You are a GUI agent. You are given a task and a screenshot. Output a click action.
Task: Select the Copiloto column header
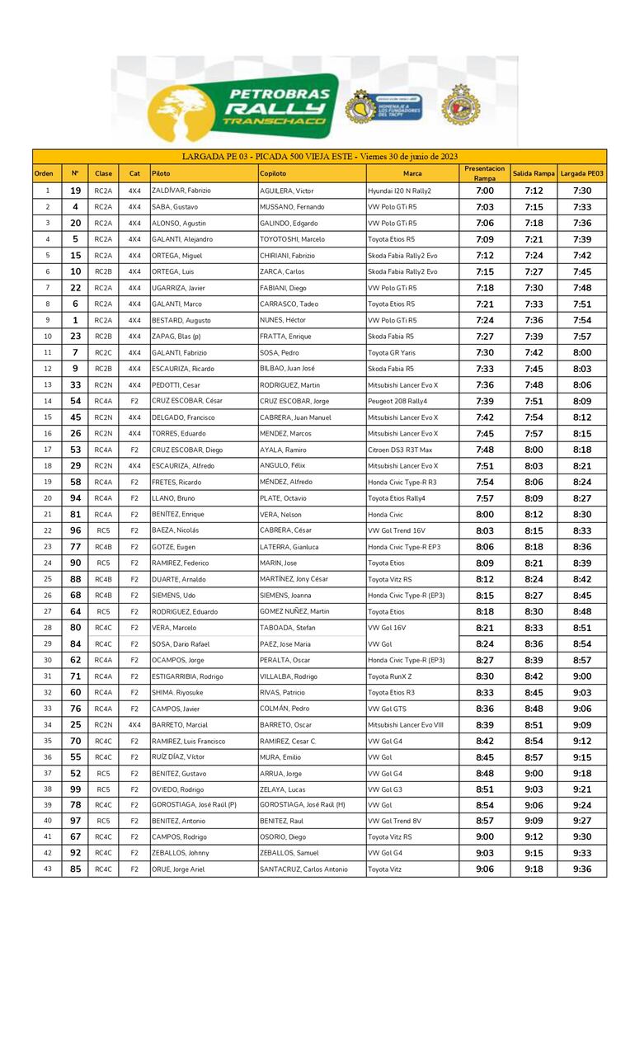[x=273, y=174]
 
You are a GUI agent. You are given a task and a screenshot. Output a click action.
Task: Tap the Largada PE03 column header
[x=581, y=174]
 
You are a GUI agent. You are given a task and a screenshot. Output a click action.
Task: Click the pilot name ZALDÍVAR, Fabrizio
[x=181, y=191]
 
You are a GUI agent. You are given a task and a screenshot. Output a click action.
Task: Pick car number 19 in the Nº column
[x=75, y=191]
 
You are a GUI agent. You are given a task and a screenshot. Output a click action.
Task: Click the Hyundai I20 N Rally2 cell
[x=399, y=191]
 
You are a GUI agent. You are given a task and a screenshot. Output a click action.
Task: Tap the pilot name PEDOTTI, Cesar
[x=176, y=384]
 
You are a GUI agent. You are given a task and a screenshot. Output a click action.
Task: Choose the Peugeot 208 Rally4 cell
[x=397, y=401]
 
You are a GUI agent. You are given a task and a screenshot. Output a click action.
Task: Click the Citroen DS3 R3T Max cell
[x=400, y=450]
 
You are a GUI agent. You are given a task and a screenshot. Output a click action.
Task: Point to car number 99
[x=75, y=789]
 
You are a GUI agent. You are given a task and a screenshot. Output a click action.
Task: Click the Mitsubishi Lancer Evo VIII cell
[x=406, y=725]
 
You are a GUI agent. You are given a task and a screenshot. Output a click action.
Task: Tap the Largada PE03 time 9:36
[x=581, y=869]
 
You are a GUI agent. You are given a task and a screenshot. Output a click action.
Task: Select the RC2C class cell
[x=103, y=352]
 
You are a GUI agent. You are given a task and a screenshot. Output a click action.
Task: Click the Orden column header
[x=44, y=174]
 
